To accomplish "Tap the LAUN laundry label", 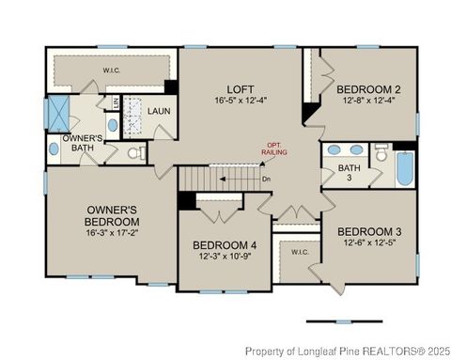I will (157, 111).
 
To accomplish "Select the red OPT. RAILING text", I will (275, 148).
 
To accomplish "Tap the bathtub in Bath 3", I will (403, 170).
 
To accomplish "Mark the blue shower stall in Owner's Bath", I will (58, 113).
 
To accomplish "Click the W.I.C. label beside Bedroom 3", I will (300, 252).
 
